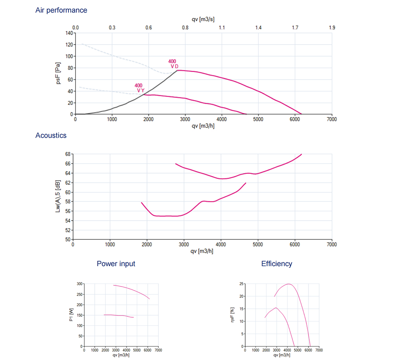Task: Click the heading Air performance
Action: (61, 10)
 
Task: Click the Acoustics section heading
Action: (51, 135)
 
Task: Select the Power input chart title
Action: (116, 264)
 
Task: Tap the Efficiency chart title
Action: (277, 264)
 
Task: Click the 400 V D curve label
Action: (173, 64)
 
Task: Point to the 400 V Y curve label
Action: (139, 88)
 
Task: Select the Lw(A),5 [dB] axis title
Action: (59, 197)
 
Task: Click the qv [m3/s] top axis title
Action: (203, 19)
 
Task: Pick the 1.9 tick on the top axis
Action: (332, 28)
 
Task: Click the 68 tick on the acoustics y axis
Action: (68, 154)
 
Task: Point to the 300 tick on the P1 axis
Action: (79, 283)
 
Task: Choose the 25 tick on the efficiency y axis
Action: (241, 283)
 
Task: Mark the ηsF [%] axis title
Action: (232, 315)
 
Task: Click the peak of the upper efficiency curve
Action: (288, 284)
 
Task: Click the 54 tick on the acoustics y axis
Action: (68, 221)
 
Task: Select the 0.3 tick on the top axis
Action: (112, 28)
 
